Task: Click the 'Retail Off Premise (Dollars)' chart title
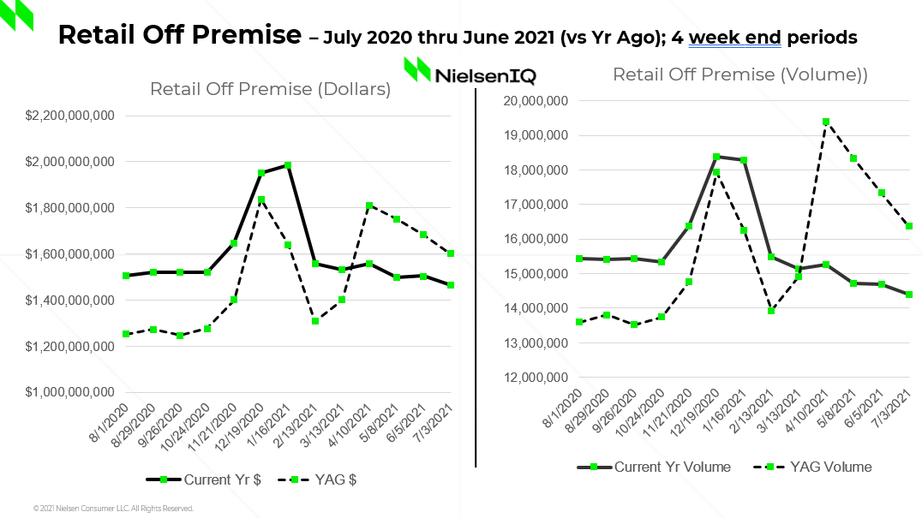[x=270, y=89]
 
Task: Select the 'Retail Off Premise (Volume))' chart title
[x=739, y=74]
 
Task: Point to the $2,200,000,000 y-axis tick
[x=72, y=116]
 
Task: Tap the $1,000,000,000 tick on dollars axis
[x=72, y=393]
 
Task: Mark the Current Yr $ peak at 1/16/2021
[x=288, y=165]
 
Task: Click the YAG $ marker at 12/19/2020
[x=261, y=200]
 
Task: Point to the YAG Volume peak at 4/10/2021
[x=826, y=122]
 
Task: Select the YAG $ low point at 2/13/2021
[x=315, y=321]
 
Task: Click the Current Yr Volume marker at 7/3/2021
[x=908, y=295]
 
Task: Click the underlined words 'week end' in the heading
[x=733, y=38]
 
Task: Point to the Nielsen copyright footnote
[x=113, y=509]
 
